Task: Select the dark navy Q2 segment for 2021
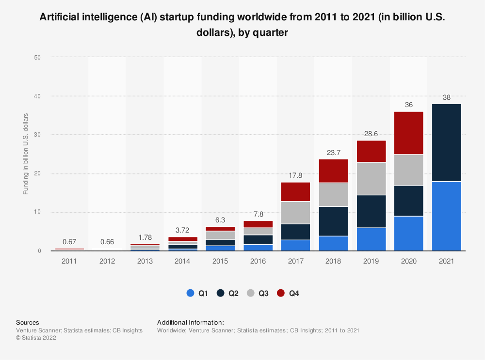[x=446, y=143]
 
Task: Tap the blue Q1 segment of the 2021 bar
[x=446, y=216]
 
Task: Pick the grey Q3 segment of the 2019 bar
[x=371, y=179]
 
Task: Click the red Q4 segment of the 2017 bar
[x=296, y=192]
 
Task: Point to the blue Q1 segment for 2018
[x=333, y=243]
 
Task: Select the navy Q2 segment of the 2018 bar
[x=333, y=221]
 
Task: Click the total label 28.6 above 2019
[x=371, y=133]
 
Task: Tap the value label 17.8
[x=296, y=175]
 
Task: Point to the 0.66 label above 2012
[x=107, y=242]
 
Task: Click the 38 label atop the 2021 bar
[x=446, y=97]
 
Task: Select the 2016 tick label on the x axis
[x=258, y=262]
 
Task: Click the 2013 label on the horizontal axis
[x=145, y=262]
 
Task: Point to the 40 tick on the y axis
[x=37, y=96]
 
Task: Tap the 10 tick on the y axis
[x=37, y=212]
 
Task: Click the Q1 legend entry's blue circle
[x=190, y=293]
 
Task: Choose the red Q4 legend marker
[x=280, y=293]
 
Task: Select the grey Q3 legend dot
[x=250, y=293]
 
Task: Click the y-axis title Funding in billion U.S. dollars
[x=26, y=154]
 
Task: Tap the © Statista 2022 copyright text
[x=36, y=338]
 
